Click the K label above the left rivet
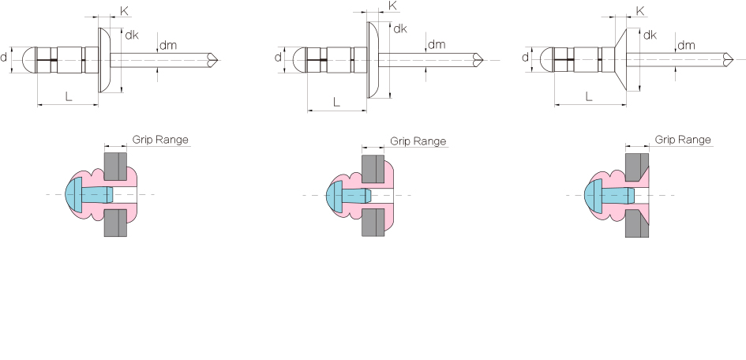point(125,11)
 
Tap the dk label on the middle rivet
point(400,29)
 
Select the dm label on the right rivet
point(686,45)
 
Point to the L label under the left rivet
point(69,96)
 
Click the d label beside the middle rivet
point(279,58)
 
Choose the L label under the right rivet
point(589,96)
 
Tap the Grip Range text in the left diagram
point(160,140)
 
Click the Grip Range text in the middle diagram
point(418,141)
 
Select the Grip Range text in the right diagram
point(683,140)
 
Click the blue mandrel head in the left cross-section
point(75,194)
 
